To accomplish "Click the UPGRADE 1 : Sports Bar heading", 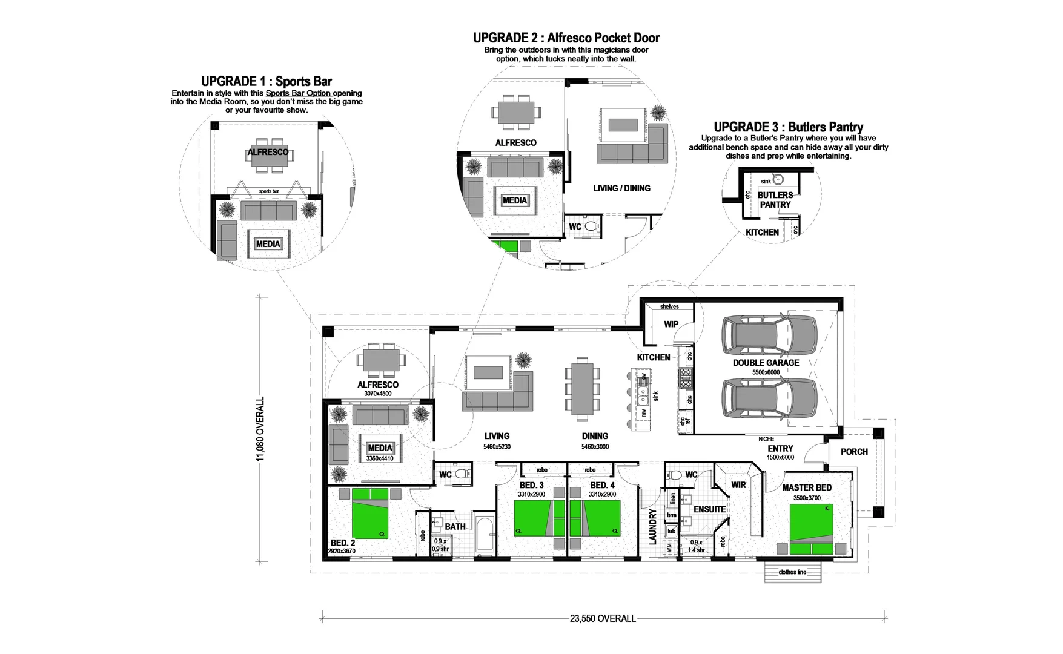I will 267,81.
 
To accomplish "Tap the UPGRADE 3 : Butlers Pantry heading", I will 788,127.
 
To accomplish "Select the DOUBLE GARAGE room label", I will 766,363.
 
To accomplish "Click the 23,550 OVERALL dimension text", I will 602,618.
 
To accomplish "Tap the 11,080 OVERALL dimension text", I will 260,429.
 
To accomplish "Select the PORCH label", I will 854,452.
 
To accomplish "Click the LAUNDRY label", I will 653,527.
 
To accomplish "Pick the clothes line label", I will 792,572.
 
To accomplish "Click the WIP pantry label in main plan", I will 671,324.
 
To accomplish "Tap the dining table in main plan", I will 582,388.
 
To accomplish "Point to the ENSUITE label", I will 709,509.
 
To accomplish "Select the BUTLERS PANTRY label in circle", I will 775,200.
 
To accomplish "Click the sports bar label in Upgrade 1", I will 269,191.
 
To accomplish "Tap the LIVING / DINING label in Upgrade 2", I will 621,188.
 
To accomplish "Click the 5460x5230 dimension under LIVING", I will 497,447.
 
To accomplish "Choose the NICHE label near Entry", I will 766,439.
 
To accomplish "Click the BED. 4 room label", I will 602,485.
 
